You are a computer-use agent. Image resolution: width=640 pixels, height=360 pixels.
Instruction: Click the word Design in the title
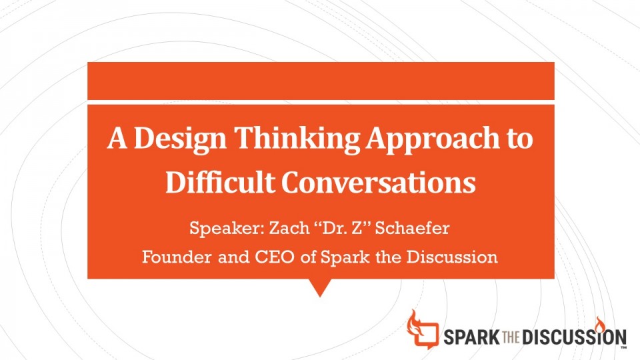180,139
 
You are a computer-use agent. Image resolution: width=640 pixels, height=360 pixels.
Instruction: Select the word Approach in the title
432,139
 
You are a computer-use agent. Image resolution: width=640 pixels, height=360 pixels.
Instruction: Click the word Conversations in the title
379,183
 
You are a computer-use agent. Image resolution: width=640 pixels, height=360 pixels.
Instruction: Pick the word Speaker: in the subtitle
227,228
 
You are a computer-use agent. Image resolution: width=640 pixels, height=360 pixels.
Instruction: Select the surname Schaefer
412,227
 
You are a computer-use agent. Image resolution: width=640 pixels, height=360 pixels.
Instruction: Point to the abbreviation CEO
275,257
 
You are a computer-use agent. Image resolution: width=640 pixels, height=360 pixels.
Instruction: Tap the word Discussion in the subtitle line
452,257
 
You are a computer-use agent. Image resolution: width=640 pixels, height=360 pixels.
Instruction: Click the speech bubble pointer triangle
320,287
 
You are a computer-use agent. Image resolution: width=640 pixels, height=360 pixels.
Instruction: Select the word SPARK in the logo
471,337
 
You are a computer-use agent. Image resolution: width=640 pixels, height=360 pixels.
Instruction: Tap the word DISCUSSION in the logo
574,337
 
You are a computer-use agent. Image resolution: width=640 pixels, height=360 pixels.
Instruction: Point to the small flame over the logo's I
599,323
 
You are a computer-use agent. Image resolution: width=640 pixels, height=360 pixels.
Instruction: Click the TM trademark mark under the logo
623,348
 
